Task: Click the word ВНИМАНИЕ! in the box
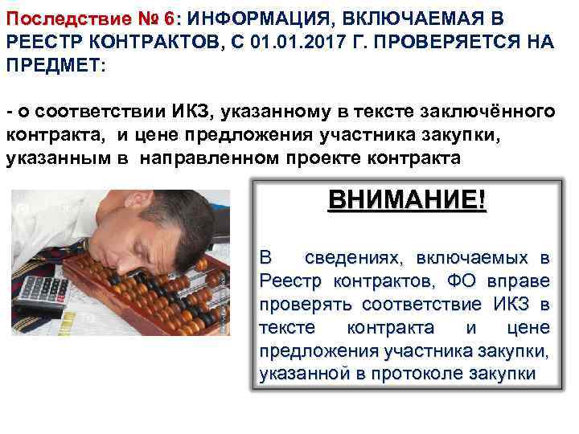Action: pos(406,199)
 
